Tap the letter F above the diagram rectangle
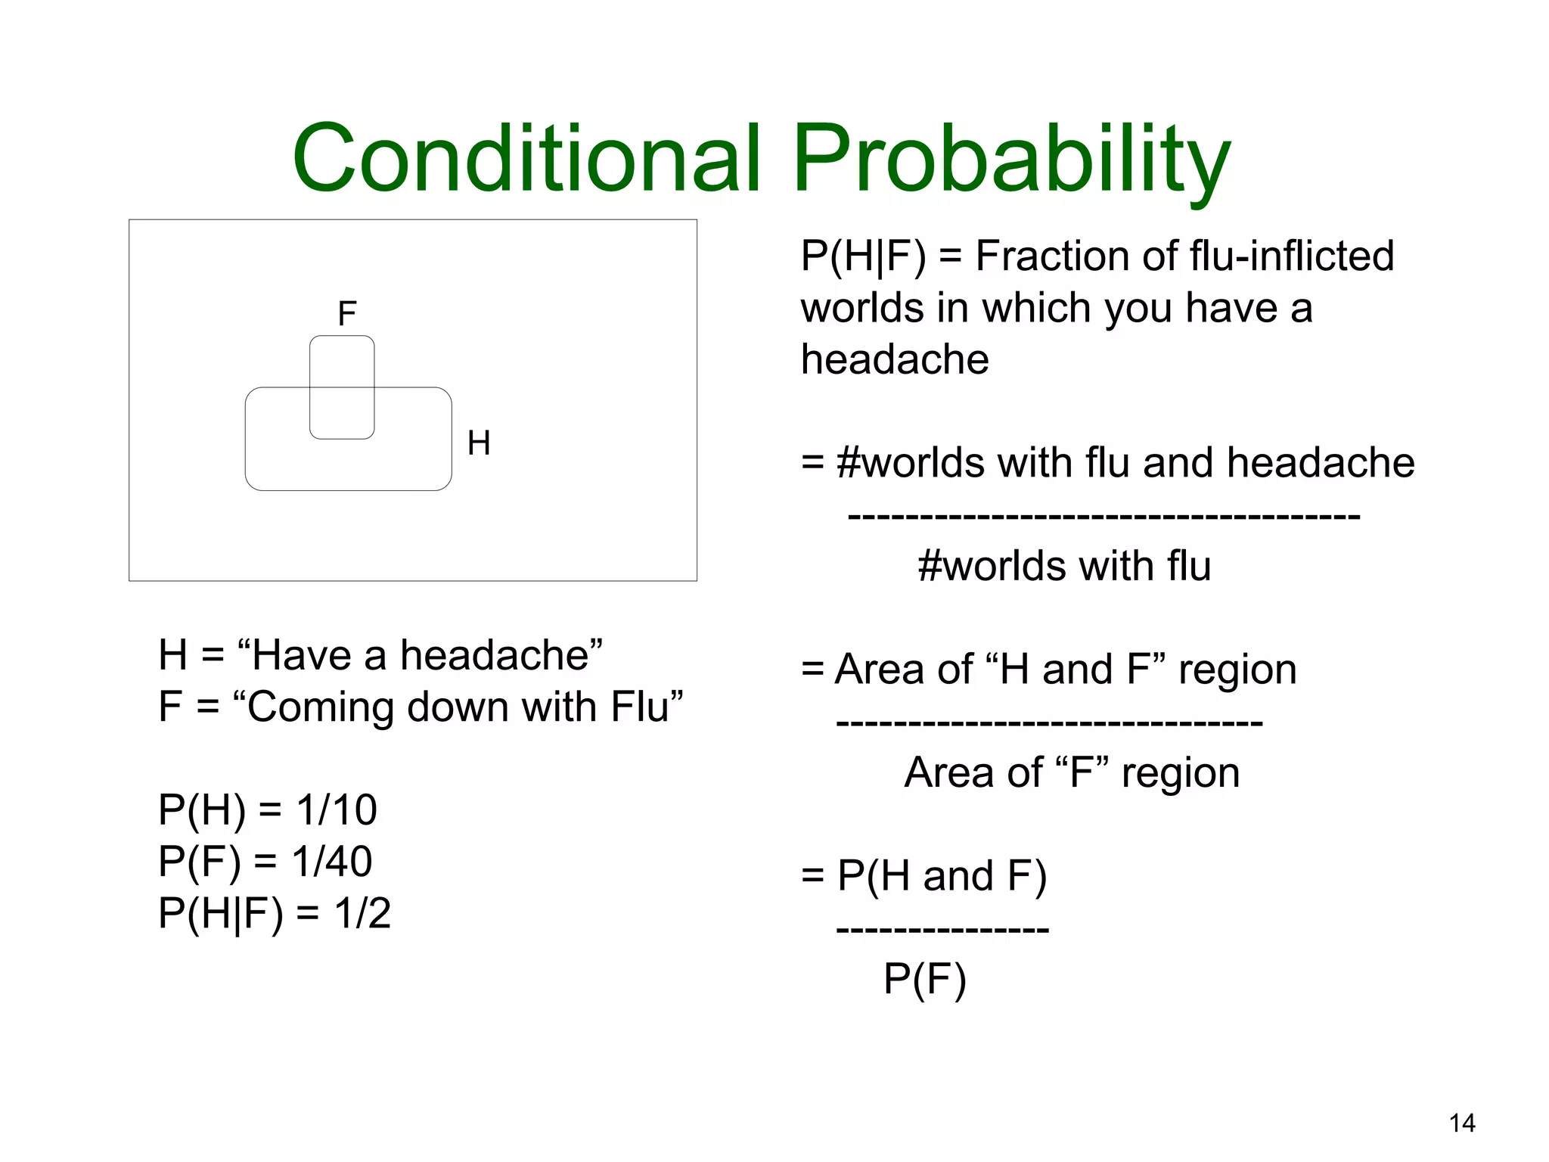[346, 313]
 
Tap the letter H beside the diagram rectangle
[479, 443]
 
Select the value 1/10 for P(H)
[337, 809]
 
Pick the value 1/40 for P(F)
[332, 861]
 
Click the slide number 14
[1462, 1123]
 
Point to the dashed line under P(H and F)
[942, 929]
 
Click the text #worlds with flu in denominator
[1064, 566]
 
